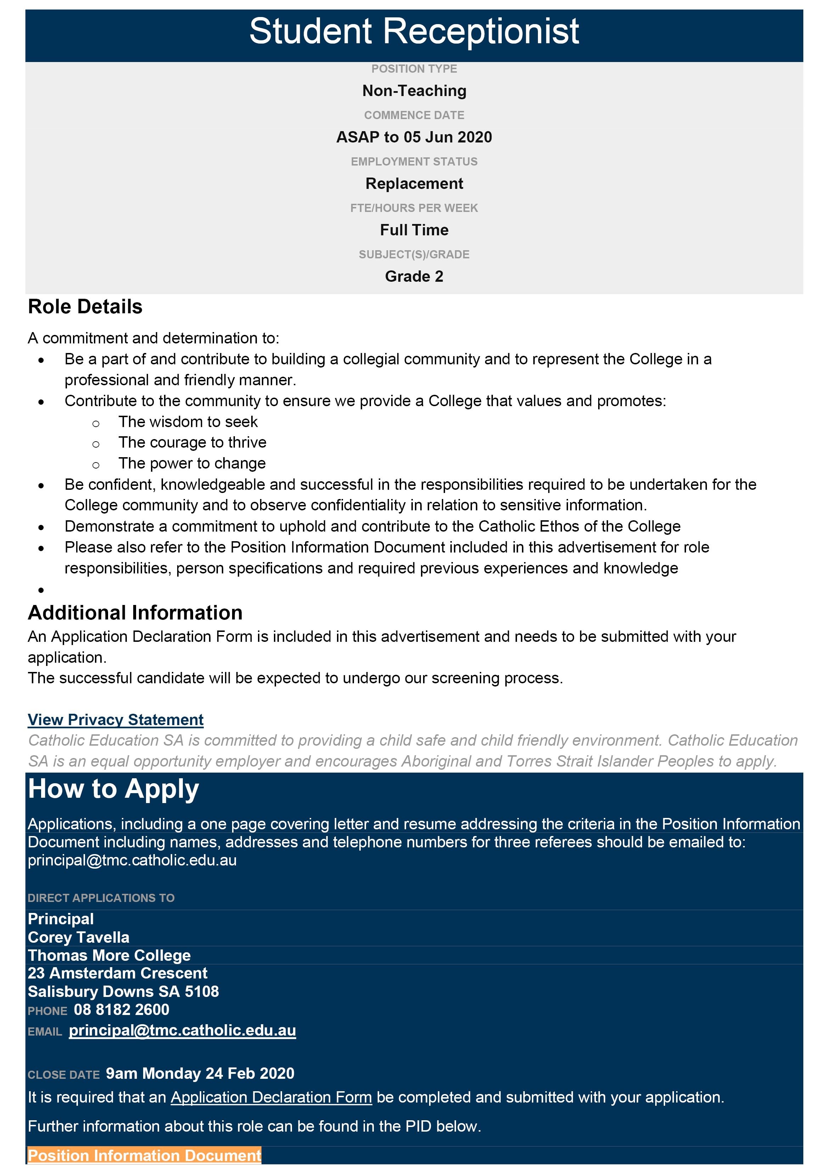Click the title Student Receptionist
pos(414,32)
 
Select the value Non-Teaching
pos(414,91)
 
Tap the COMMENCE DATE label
pos(414,116)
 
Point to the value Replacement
pos(414,184)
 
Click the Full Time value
pos(414,230)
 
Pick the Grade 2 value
pos(414,277)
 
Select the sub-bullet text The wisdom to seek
pos(188,422)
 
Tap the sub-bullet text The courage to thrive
pos(192,443)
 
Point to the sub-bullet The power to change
pos(192,464)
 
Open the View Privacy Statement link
pos(116,720)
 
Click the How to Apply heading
pos(113,789)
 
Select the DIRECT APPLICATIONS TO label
pos(101,898)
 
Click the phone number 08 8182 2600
pos(122,1010)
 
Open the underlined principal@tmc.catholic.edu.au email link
pos(182,1031)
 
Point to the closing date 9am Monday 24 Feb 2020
pos(200,1073)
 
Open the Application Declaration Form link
pos(271,1098)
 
